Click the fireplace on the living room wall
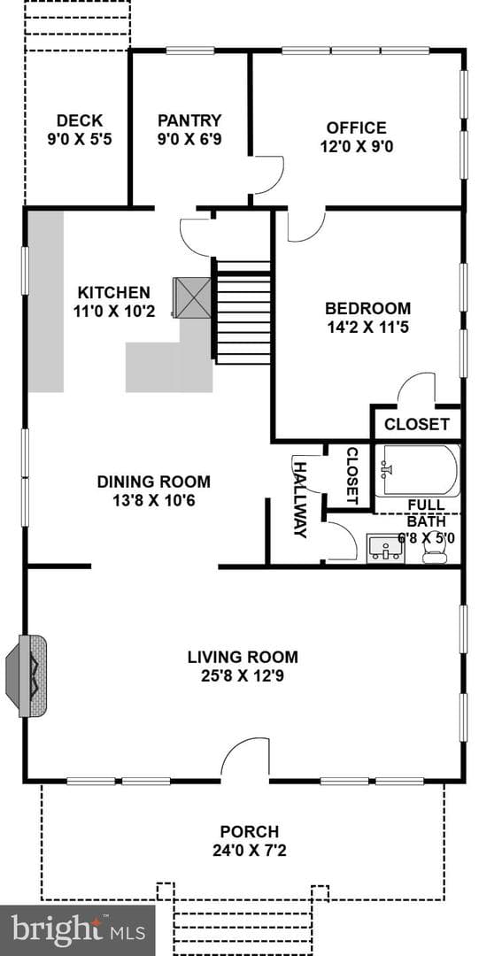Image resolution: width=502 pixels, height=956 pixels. pos(27,675)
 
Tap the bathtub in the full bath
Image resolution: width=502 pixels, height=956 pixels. pos(417,470)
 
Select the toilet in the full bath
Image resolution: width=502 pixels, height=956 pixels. pos(435,549)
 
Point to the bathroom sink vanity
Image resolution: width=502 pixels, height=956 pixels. pos(385,549)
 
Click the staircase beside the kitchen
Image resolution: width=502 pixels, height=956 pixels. pos(243,312)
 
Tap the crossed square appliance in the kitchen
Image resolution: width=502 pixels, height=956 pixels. pos(192,297)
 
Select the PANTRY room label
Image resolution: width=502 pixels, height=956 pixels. pos(189,119)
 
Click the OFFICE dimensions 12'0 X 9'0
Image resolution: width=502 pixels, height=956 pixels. pos(356,147)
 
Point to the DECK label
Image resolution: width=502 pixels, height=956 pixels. pos(80,120)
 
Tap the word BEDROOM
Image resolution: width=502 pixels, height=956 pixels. pos(367,308)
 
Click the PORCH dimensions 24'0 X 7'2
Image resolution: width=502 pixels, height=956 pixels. pos(250,850)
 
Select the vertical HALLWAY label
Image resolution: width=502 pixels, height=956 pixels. pos(300,499)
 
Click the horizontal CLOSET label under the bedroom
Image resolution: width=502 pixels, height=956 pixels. pos(417,424)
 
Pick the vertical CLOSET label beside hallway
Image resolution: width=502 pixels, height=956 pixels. pos(352,476)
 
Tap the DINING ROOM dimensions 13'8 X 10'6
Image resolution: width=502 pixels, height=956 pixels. pos(154,502)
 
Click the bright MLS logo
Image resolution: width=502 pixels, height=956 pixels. pos(77,930)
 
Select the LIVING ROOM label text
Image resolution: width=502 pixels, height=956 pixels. pos(243,657)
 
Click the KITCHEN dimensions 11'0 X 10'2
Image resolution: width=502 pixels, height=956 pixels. pos(113,312)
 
